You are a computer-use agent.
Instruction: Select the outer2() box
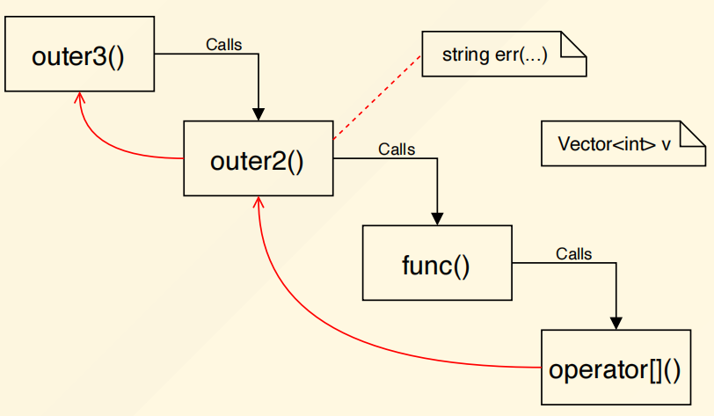(258, 159)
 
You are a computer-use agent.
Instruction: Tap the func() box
(437, 264)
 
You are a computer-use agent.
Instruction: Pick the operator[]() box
(615, 368)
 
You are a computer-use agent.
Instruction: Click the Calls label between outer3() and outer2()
(223, 43)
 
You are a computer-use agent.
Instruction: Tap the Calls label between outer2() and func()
(397, 149)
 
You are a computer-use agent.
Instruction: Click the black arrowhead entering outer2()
(259, 114)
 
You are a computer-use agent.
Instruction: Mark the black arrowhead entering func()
(437, 219)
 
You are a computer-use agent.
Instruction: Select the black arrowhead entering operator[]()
(616, 324)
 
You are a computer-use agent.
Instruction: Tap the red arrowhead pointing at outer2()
(258, 203)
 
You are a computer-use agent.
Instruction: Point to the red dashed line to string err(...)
(376, 96)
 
